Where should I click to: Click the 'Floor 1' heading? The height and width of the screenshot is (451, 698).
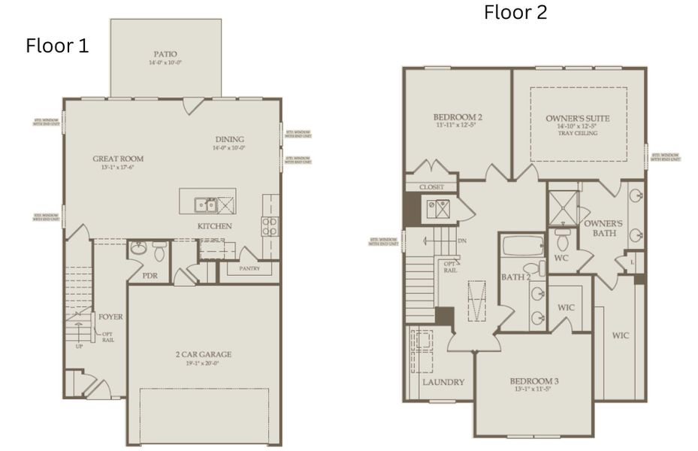coord(57,46)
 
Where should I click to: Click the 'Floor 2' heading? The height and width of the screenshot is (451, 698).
coord(515,13)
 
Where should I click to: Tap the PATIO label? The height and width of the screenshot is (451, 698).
coord(165,54)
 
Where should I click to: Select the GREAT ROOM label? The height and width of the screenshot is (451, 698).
coord(118,159)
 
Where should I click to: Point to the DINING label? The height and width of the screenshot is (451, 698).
coord(229,140)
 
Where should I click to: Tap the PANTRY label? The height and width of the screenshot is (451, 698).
coord(249,268)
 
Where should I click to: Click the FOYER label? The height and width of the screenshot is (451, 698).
coord(110,316)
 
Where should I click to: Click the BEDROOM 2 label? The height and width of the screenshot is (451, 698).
coord(458,118)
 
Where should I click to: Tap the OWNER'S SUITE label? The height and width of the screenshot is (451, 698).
coord(577,119)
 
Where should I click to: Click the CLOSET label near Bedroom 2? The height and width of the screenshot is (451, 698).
coord(431,186)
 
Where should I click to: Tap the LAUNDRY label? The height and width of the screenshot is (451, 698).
coord(443,382)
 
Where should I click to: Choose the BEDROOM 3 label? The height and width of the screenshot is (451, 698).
coord(533,381)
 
